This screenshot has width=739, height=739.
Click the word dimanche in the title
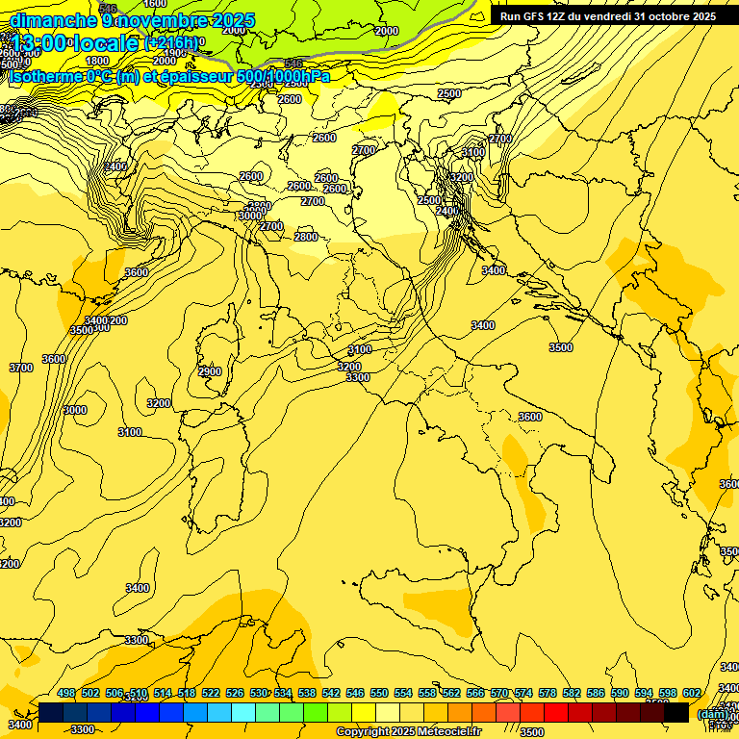tap(54, 20)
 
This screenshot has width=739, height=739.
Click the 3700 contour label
tap(21, 368)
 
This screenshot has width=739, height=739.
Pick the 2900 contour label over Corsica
tap(210, 371)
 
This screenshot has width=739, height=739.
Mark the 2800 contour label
tap(306, 237)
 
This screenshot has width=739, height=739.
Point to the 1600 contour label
tap(155, 4)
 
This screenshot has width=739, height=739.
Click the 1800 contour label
tap(97, 61)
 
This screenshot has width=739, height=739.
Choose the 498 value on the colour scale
tap(66, 693)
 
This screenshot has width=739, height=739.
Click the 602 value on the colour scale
tap(692, 693)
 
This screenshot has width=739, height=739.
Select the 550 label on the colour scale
tap(379, 693)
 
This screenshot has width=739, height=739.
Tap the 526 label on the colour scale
tap(235, 693)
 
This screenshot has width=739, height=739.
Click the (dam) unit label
tap(712, 713)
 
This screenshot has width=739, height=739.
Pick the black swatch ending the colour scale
tap(677, 713)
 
